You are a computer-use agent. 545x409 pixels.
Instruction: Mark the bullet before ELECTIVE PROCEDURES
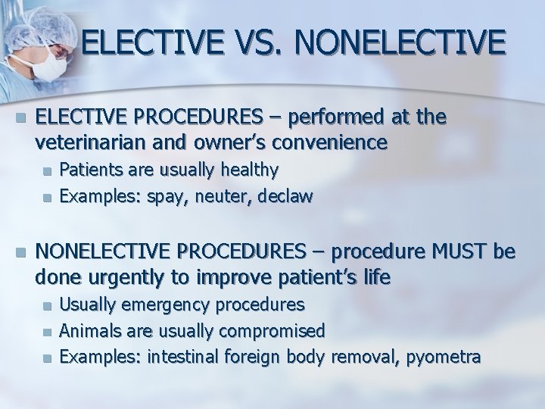coord(20,118)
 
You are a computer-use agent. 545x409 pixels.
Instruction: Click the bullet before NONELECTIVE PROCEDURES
coord(20,251)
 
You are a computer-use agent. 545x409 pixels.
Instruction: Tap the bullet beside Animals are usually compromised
coord(48,332)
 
